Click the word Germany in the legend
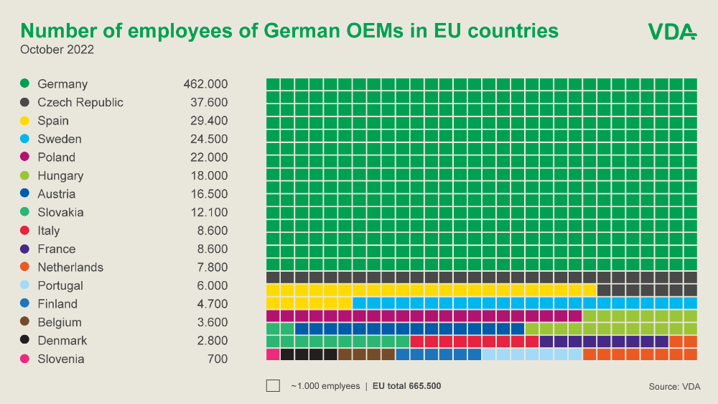tap(62, 84)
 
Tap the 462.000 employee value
tap(205, 84)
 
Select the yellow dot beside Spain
tap(24, 120)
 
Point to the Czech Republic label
tap(80, 102)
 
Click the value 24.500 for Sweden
tap(209, 139)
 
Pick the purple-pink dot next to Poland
tap(24, 157)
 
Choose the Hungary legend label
tap(60, 175)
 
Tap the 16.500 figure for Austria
tap(209, 194)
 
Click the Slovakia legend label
tap(60, 212)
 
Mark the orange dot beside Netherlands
tap(24, 267)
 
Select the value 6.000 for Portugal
tap(213, 285)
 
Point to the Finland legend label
tap(57, 304)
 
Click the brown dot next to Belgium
tap(24, 322)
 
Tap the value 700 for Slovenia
tap(218, 359)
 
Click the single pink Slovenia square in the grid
tap(273, 354)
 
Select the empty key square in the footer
tap(273, 385)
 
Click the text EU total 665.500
tap(406, 386)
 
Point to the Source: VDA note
tap(674, 387)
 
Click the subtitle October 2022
tap(57, 50)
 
